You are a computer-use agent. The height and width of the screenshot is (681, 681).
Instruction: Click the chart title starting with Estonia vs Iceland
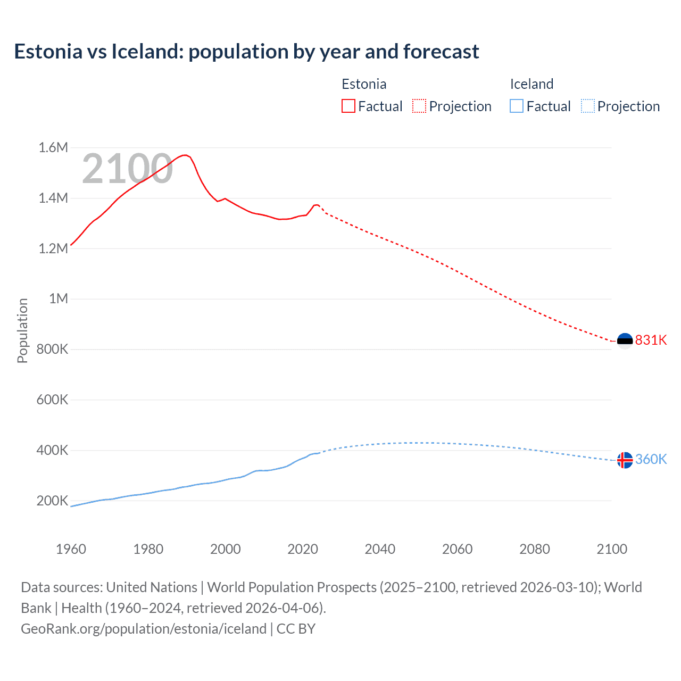(246, 52)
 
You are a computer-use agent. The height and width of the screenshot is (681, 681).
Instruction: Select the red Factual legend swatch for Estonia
(348, 106)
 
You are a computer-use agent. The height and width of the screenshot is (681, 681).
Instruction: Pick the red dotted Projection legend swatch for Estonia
(419, 106)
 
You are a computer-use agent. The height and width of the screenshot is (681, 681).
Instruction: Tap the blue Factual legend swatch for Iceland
(517, 106)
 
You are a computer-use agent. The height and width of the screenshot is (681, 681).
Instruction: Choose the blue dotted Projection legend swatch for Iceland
(587, 106)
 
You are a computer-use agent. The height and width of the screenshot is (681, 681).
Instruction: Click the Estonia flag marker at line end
(625, 340)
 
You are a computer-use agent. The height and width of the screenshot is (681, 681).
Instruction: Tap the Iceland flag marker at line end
(625, 460)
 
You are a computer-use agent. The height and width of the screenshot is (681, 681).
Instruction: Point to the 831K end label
(651, 340)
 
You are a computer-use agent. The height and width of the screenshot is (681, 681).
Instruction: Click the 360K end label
(651, 459)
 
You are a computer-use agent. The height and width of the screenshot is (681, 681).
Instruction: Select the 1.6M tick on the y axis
(53, 147)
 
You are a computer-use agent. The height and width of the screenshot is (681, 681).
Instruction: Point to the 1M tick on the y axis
(59, 298)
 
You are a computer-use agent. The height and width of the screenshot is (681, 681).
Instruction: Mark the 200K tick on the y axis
(52, 501)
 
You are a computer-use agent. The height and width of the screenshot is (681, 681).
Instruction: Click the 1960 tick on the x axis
(71, 549)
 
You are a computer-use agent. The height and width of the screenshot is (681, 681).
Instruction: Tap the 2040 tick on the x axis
(380, 549)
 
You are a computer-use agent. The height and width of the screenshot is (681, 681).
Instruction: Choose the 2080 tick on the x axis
(534, 549)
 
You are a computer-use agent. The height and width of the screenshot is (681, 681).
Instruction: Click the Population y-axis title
(22, 330)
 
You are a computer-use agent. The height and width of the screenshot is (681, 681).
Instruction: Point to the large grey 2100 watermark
(127, 169)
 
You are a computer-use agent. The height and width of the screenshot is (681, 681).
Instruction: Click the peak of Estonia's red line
(185, 155)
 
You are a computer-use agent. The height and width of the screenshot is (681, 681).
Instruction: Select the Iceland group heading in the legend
(531, 84)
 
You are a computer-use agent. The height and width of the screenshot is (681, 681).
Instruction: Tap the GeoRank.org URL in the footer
(144, 628)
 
